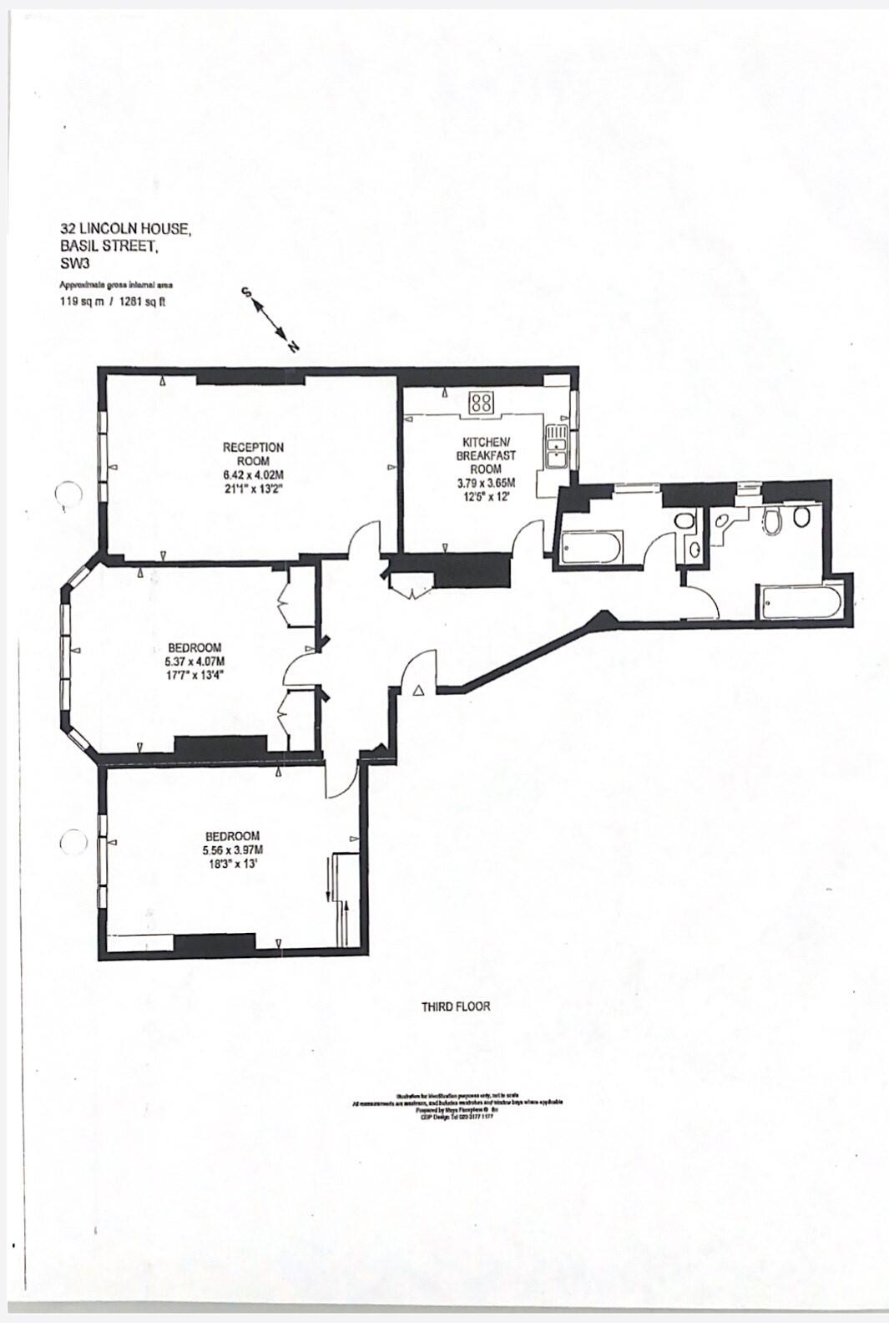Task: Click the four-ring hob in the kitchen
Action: (x=481, y=403)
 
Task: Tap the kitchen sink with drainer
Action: (x=555, y=448)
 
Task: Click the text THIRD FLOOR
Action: (x=456, y=1006)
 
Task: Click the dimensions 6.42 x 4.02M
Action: (x=253, y=475)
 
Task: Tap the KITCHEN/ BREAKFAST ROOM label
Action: (x=486, y=454)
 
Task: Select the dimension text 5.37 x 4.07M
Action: (x=194, y=661)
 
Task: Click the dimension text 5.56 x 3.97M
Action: (x=232, y=850)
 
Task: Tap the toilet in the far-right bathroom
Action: (x=772, y=520)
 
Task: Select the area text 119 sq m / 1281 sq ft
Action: (x=113, y=302)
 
